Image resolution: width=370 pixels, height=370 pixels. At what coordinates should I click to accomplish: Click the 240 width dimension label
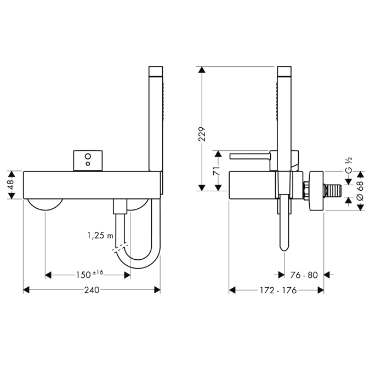(92, 290)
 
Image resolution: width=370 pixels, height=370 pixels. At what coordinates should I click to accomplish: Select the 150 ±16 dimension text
(90, 274)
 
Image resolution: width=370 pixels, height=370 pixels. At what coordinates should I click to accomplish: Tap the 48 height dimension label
(11, 185)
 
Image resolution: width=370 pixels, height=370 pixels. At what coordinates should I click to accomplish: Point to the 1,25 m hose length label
(100, 235)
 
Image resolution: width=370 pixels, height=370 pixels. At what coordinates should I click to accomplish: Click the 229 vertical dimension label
(202, 134)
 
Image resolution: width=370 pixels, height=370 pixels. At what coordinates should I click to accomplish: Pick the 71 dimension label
(216, 170)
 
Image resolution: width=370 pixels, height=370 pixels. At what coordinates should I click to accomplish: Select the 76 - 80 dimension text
(304, 275)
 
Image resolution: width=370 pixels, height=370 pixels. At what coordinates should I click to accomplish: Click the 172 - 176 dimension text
(278, 290)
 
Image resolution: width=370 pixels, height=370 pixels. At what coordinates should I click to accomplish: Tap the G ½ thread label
(349, 165)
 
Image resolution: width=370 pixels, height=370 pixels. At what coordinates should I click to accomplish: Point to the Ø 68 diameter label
(360, 191)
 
